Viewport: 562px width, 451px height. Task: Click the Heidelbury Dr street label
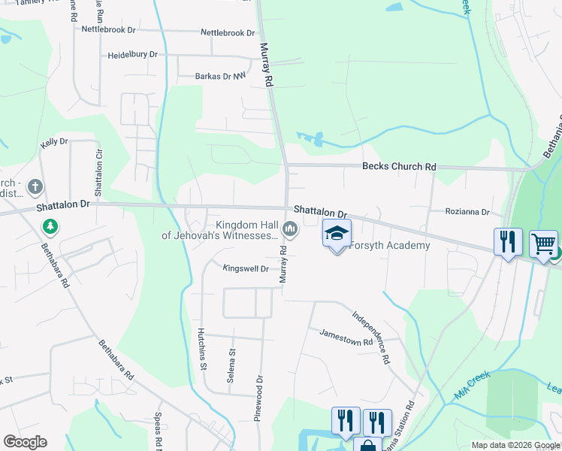tap(132, 55)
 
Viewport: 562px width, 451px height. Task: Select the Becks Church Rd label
tap(399, 167)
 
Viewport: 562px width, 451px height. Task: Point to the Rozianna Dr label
tap(467, 212)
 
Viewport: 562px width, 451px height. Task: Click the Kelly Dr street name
tap(54, 141)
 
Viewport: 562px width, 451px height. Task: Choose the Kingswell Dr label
tap(245, 268)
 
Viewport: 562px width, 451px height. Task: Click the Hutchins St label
tap(201, 349)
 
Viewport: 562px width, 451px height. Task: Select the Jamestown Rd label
tap(346, 337)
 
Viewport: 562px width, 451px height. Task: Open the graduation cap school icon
tap(337, 235)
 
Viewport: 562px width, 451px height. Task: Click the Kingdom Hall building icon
tap(289, 229)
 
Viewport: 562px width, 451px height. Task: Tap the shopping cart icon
tap(544, 244)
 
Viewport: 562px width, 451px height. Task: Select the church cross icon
tap(35, 186)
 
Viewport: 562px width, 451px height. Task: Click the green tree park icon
tap(50, 225)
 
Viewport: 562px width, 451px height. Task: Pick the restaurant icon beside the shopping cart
tap(508, 242)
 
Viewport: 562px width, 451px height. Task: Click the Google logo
tap(25, 441)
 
